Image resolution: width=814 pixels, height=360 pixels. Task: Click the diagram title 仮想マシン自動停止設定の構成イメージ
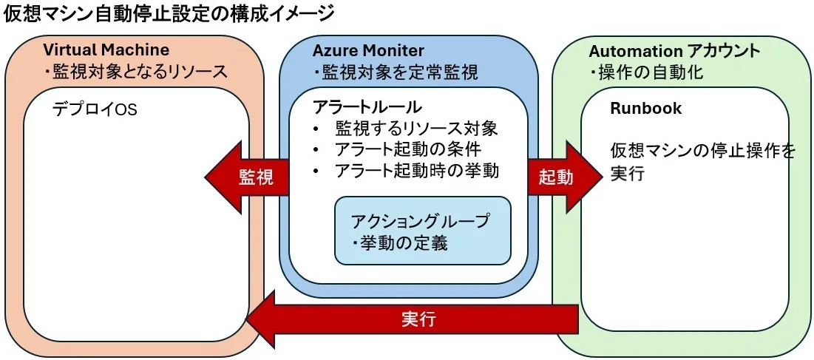coord(169,13)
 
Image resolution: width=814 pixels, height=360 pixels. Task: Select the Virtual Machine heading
coord(106,50)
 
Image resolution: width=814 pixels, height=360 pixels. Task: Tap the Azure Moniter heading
coord(368,50)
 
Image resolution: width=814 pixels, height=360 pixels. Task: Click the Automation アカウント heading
coord(674,52)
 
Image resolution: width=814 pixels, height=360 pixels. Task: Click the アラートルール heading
coord(356,106)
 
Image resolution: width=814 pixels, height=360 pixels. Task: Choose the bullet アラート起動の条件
coord(407,149)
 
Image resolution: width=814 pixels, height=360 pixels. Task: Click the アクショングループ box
coord(422,230)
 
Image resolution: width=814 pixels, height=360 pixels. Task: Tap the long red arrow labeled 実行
coord(414,319)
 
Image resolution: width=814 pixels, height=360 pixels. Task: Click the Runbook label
coord(645,109)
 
